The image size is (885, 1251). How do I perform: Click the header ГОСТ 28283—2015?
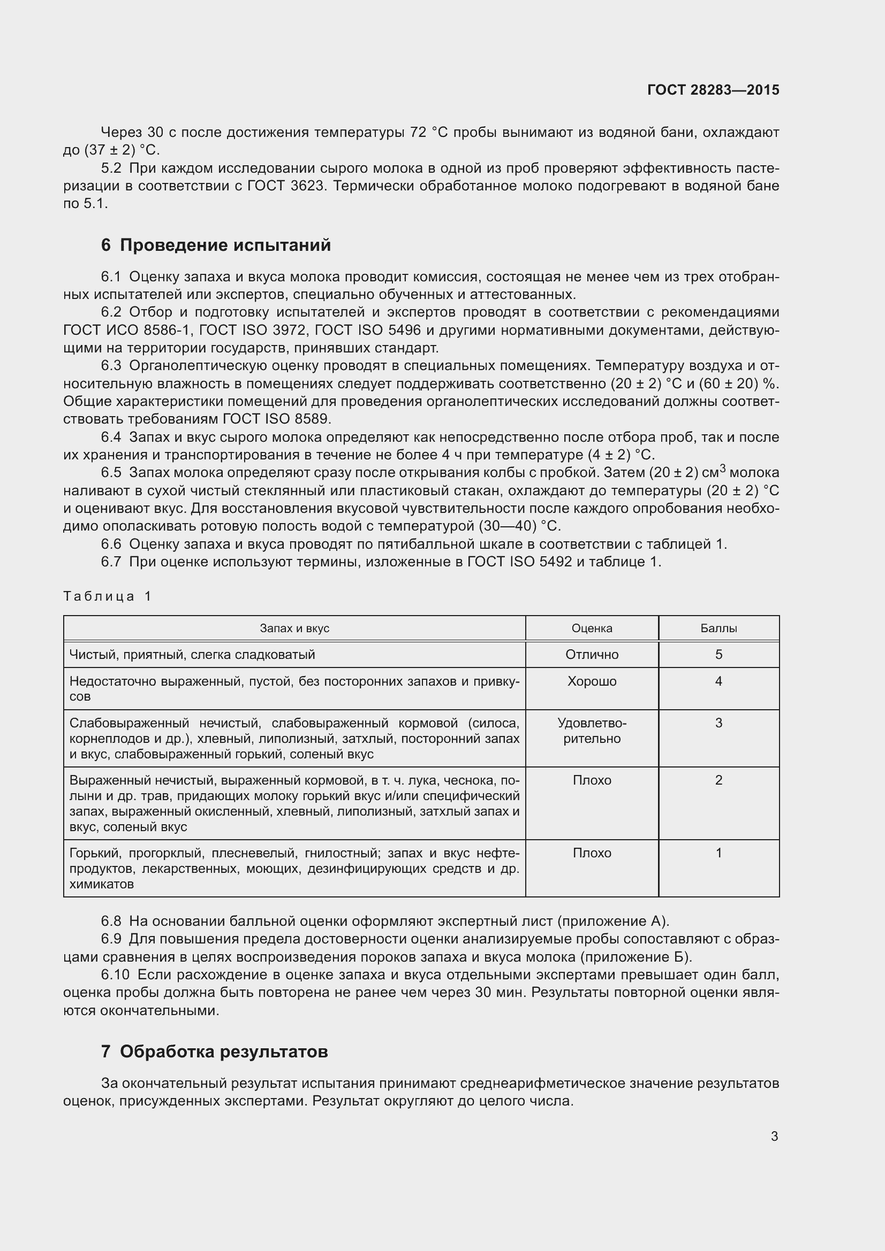tap(713, 90)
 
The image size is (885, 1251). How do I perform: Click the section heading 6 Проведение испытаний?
tap(216, 245)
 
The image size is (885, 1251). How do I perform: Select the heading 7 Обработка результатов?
tap(214, 1051)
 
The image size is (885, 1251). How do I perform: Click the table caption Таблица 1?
tap(107, 596)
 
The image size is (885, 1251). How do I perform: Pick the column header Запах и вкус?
tap(294, 628)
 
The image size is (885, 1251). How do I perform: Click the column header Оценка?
tap(592, 628)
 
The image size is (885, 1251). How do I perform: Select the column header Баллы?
tap(718, 628)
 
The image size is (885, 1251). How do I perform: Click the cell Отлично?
tap(592, 654)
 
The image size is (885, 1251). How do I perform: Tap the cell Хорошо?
tap(592, 681)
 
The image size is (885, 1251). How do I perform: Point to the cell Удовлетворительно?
tap(592, 731)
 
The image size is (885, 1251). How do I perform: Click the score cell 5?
tap(718, 654)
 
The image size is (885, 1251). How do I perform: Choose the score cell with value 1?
tap(718, 853)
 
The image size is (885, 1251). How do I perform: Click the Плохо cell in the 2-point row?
tap(592, 780)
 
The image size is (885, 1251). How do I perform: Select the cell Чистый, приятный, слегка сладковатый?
tap(193, 654)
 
